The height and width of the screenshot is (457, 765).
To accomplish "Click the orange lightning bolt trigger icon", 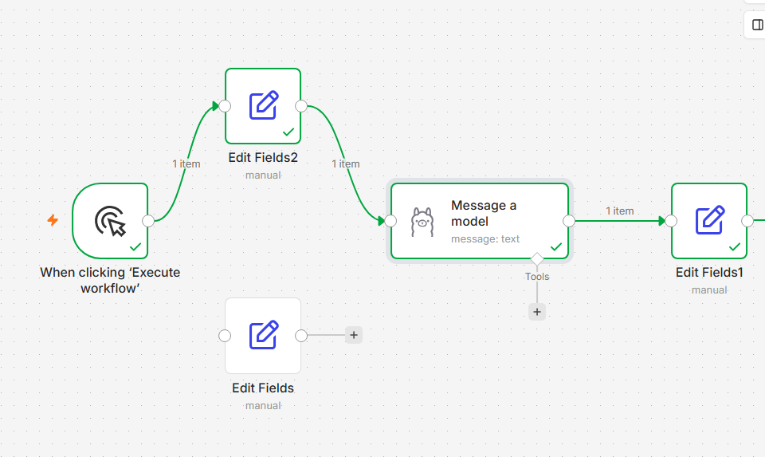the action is (x=53, y=220).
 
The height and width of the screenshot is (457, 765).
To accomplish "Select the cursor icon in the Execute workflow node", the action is (x=111, y=221).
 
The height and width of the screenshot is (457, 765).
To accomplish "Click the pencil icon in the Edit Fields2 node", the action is (x=264, y=105).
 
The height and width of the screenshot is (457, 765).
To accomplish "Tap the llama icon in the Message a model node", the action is (x=422, y=223).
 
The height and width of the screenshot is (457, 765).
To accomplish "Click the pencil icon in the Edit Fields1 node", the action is (x=710, y=220).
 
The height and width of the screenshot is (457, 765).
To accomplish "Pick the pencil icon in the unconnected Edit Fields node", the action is (x=264, y=335).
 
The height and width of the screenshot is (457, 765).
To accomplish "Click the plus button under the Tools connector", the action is (x=537, y=312).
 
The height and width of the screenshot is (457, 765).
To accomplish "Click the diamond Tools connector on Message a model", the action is (x=537, y=258).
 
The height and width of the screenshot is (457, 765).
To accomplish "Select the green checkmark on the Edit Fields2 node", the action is (x=288, y=132).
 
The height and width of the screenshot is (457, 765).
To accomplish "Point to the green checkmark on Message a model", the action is (x=556, y=246).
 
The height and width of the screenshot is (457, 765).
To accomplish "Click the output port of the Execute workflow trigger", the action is (x=148, y=221).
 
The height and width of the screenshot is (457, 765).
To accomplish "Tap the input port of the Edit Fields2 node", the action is (x=225, y=106).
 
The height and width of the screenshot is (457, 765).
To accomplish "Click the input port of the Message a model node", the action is (x=390, y=221).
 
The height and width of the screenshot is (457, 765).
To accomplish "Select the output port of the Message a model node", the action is (x=569, y=221).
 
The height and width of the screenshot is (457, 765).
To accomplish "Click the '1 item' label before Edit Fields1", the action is (x=620, y=211).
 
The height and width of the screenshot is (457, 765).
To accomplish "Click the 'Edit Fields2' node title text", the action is (x=263, y=158).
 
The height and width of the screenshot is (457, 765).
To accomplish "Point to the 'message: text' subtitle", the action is (x=485, y=238).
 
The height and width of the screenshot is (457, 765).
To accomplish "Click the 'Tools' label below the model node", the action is (x=537, y=276).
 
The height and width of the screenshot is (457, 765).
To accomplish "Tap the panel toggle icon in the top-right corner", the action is (x=758, y=25).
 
